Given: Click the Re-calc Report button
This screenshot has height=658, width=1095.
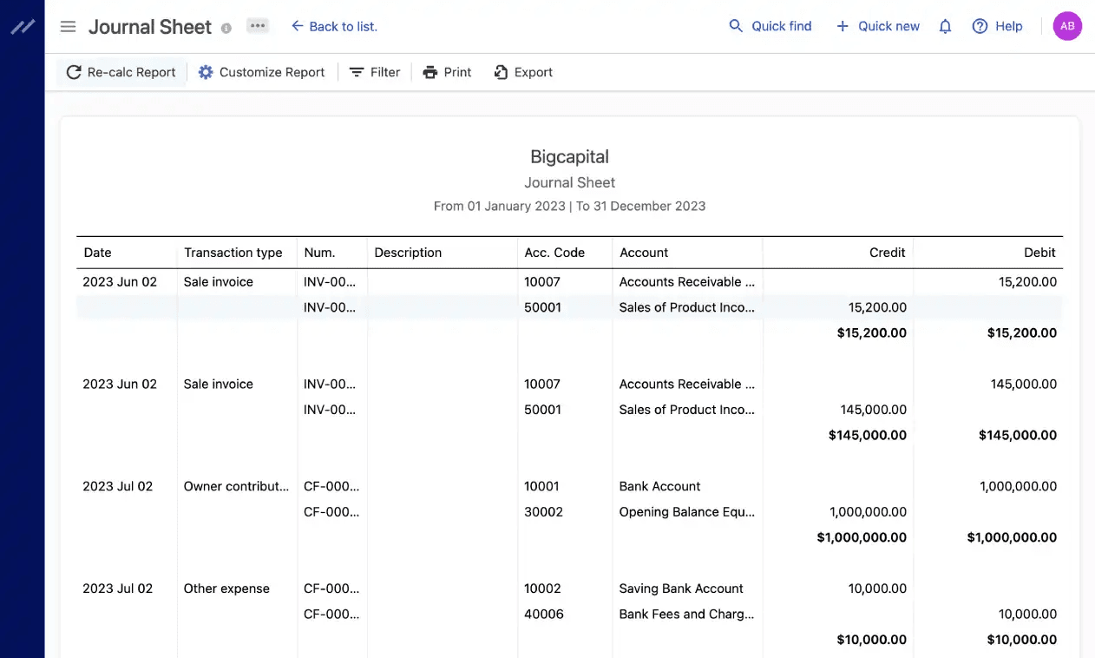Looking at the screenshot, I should coord(121,72).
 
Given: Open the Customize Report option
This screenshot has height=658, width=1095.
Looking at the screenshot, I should coord(261,72).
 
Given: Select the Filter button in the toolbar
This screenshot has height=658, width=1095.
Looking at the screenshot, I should coord(375,72).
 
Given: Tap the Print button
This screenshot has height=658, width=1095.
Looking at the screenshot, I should coord(447,72).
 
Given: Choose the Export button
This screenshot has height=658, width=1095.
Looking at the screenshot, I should coord(523,72).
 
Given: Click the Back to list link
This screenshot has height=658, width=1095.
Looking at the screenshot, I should coord(334,26).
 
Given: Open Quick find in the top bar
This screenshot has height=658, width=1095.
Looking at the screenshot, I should coord(770,26).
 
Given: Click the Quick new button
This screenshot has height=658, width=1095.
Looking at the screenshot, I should coord(877,26).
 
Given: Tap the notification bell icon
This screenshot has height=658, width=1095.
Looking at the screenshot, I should coord(946,26).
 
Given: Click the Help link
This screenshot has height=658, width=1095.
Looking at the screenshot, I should coord(998,26).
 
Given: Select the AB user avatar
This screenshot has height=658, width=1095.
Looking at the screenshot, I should coord(1067,26).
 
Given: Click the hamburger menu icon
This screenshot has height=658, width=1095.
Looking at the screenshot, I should coord(68,26).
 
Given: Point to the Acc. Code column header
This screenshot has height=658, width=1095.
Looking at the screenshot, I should coord(554,253).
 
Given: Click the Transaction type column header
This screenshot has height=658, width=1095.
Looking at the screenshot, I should coord(233,253).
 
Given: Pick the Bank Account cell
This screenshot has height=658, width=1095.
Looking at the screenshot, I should coord(659,486).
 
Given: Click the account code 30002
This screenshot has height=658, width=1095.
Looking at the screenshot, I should coord(543,511).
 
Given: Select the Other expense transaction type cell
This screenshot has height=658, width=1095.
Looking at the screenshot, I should coord(226,589).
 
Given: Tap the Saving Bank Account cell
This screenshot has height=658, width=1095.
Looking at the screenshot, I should coord(681,589).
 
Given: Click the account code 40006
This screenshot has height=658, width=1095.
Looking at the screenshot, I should coord(544,614).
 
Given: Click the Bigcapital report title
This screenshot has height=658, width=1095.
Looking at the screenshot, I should coord(569,157).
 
